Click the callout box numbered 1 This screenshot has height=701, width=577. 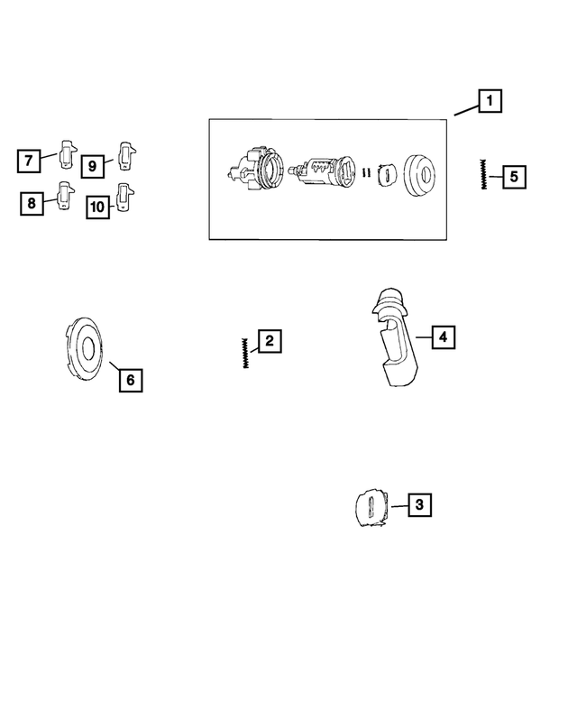(490, 101)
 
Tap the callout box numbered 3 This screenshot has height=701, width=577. (418, 505)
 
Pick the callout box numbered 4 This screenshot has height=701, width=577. (443, 337)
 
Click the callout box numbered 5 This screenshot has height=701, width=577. (514, 176)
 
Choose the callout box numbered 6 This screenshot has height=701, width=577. (130, 380)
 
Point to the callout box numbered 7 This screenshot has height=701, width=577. (29, 161)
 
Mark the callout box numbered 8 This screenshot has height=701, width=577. (32, 204)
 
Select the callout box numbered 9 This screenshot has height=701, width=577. (91, 165)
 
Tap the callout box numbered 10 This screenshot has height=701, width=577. (97, 207)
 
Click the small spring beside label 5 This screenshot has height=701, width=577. (485, 173)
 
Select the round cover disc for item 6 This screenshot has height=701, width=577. (87, 347)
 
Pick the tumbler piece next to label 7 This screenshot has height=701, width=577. (68, 154)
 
